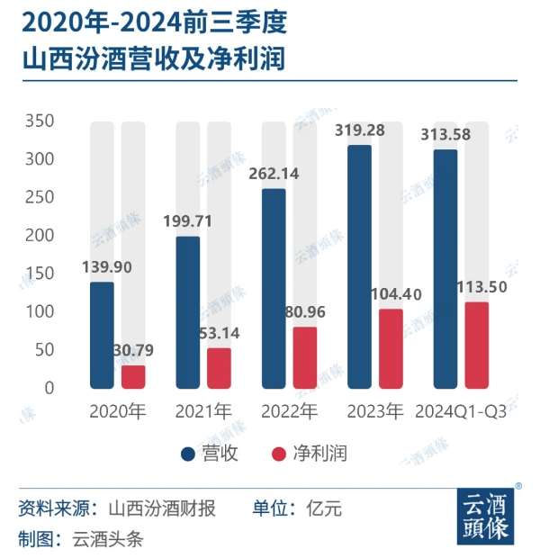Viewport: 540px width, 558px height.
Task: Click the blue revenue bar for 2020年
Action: [x=103, y=335]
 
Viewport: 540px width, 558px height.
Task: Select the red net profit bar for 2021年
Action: [x=219, y=368]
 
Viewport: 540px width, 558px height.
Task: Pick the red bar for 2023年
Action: [x=391, y=349]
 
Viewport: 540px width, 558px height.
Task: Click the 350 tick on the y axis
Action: [x=40, y=121]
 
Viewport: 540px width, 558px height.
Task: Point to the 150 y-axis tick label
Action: [x=40, y=274]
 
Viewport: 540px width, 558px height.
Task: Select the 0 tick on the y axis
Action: [x=49, y=388]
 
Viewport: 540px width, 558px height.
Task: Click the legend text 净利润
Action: [x=320, y=454]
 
